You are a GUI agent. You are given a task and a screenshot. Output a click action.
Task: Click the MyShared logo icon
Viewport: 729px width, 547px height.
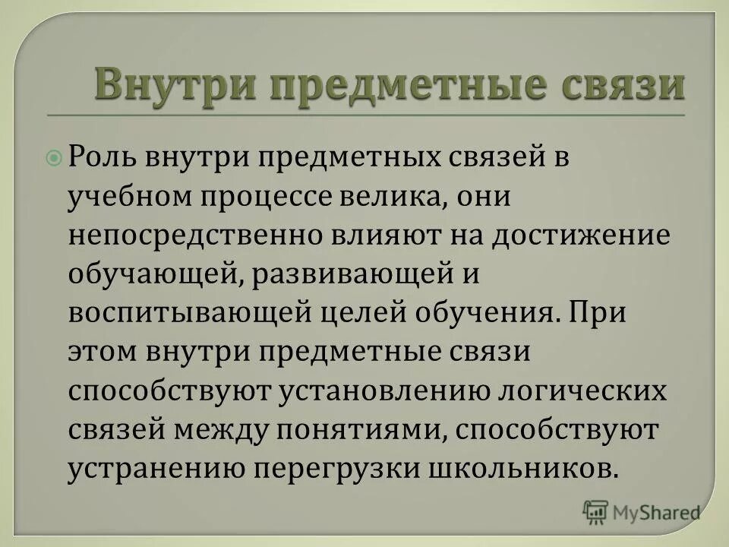595,511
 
